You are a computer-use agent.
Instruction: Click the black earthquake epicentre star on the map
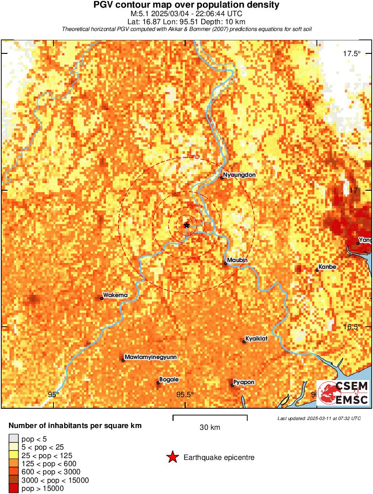coord(186,225)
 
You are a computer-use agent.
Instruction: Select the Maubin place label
coord(238,260)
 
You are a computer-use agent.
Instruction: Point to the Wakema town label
coord(115,295)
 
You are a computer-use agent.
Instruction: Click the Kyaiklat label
coord(257,339)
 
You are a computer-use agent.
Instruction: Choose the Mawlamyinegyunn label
coord(150,357)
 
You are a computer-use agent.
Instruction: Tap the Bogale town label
coord(169,380)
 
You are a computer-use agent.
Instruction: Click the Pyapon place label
coord(244,382)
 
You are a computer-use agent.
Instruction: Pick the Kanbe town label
coord(327,267)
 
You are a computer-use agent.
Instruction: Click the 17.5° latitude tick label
coord(352,54)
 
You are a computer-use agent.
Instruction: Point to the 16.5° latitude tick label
coord(352,327)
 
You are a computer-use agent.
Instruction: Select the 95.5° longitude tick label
coord(185,395)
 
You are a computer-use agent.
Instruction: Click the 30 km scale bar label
coord(210,428)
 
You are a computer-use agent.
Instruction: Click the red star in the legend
coord(172,457)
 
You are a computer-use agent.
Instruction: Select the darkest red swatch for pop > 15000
coord(14,489)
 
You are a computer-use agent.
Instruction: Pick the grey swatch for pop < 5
coord(14,439)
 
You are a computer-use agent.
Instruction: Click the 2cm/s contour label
coord(193,156)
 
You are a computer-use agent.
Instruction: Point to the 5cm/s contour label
coord(193,258)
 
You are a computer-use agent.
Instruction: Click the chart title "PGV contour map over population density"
coord(186,5)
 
